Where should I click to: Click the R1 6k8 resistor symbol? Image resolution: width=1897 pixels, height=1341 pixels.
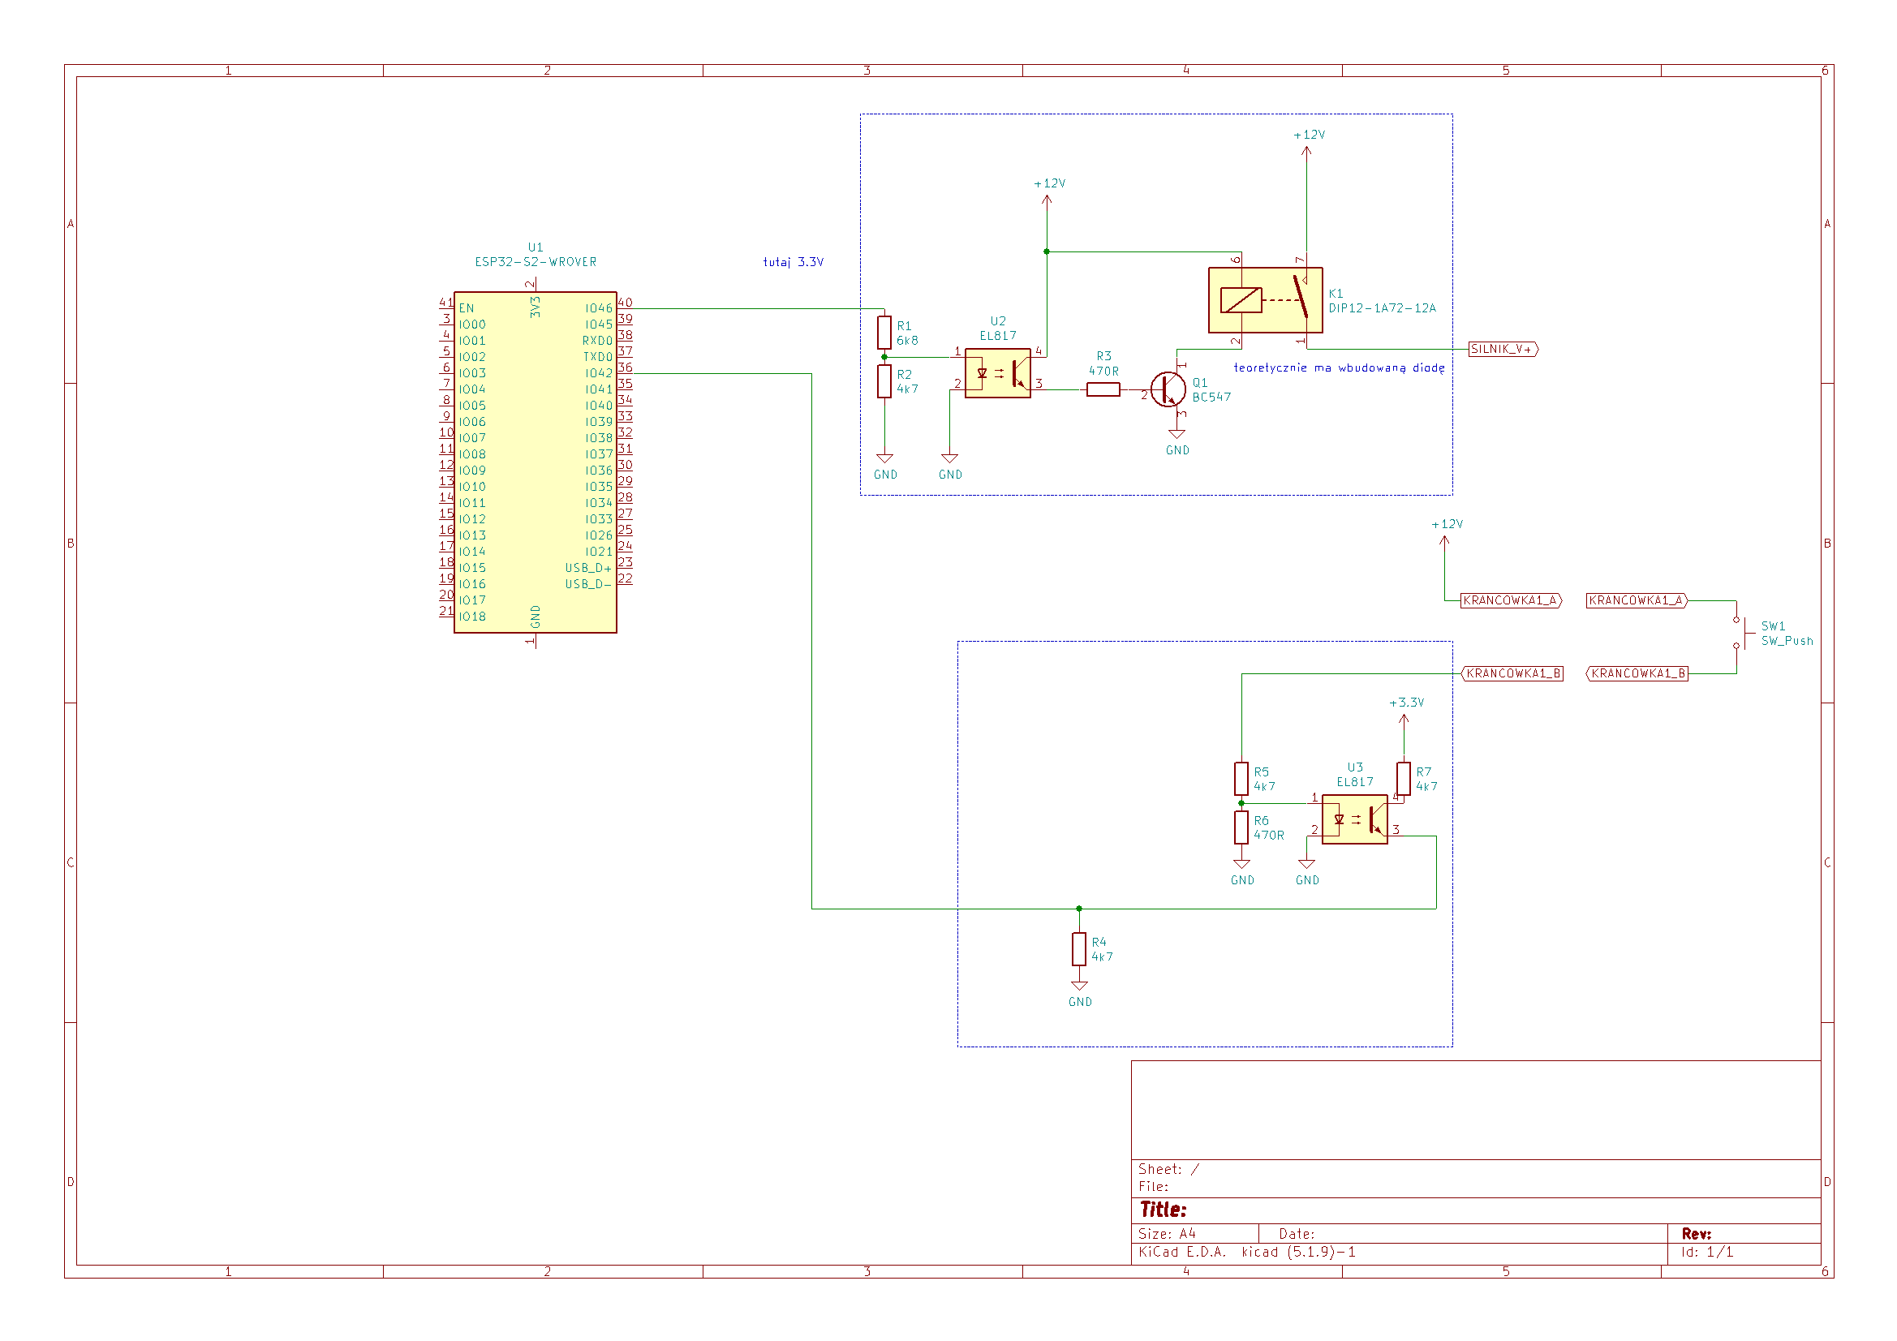click(x=884, y=332)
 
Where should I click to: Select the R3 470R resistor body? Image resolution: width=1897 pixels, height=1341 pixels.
click(x=1103, y=389)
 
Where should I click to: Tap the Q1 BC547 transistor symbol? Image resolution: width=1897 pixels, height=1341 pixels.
click(x=1168, y=389)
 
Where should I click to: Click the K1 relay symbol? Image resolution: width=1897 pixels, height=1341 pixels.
click(x=1265, y=300)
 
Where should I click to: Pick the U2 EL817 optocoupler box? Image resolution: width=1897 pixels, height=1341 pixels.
click(x=997, y=372)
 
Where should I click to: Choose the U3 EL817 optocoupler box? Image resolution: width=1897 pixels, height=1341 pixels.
click(x=1354, y=819)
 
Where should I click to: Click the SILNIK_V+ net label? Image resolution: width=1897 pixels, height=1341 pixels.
click(x=1503, y=349)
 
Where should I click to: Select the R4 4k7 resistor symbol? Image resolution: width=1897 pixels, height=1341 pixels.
click(x=1079, y=948)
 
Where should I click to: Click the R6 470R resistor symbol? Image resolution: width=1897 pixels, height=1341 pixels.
click(x=1241, y=827)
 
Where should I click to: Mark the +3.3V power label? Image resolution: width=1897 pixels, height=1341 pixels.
click(x=1406, y=703)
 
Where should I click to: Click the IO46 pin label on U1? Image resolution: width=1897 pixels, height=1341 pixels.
click(x=599, y=308)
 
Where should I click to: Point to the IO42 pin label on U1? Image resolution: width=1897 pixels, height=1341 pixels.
click(x=599, y=373)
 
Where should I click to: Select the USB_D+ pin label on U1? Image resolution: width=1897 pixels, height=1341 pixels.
click(x=588, y=568)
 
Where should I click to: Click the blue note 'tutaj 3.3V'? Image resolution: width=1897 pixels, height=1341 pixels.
click(x=794, y=262)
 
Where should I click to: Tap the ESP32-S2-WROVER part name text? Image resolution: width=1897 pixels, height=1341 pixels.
click(x=536, y=262)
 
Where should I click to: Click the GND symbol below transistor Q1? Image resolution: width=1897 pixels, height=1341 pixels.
click(x=1177, y=434)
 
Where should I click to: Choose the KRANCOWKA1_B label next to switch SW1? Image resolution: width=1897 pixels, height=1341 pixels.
click(x=1637, y=673)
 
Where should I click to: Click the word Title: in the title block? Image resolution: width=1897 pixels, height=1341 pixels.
click(x=1164, y=1210)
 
